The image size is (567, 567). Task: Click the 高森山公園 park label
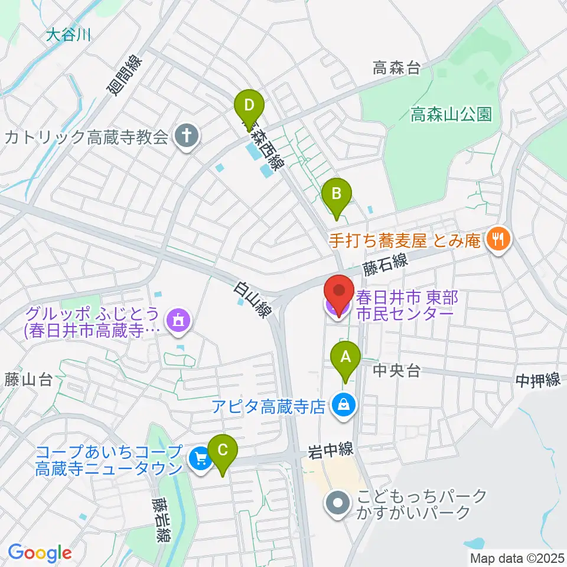pos(451,114)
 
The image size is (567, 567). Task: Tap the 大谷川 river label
pos(69,35)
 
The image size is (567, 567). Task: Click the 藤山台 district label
pos(28,379)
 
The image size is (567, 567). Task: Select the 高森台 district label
pos(396,68)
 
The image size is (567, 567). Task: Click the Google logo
pos(40,553)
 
